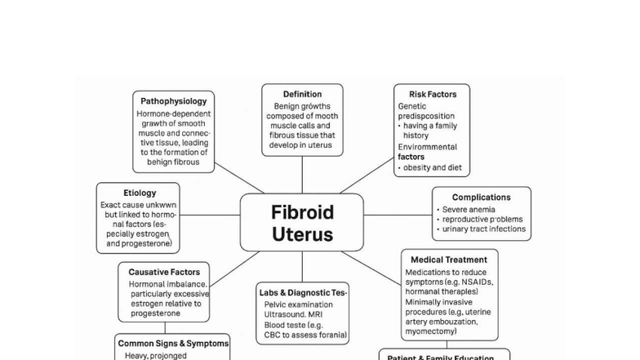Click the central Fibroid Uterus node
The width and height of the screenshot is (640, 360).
coord(302,223)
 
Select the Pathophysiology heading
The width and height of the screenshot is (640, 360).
coord(173,101)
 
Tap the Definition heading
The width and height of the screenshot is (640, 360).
coord(302,94)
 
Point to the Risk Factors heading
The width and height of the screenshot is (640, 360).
coord(433,94)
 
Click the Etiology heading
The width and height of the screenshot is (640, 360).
coord(140,193)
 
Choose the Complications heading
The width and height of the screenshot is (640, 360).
coord(481,197)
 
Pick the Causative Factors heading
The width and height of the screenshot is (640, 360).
coord(163,272)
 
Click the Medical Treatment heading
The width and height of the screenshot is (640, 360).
coord(449,260)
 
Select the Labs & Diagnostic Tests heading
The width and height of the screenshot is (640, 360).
coord(303,292)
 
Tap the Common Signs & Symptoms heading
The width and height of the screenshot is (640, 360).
coord(173,344)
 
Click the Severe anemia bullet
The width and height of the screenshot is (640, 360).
coord(469,209)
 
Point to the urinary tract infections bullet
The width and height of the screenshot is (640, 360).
coord(484,229)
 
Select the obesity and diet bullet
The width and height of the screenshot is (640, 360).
coord(433,167)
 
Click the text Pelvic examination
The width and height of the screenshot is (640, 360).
coord(298,304)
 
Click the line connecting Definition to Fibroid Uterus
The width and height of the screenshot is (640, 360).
coord(302,175)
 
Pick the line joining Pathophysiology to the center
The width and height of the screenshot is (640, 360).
coord(239,178)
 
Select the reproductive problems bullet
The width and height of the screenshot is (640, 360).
coord(482,220)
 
